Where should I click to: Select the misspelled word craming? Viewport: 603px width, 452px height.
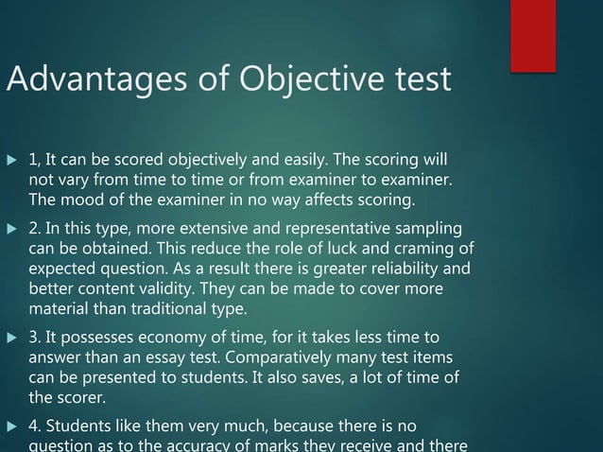click(427, 249)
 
